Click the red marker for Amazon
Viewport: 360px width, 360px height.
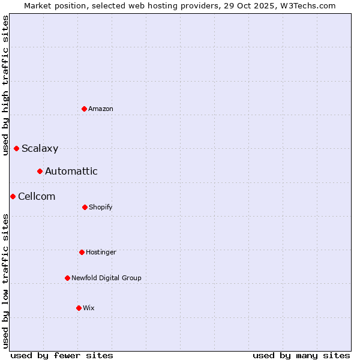click(85, 109)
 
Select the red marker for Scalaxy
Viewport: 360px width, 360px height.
click(17, 148)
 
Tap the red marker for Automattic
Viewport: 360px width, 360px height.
click(40, 172)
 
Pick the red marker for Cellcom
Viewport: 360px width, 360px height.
click(13, 196)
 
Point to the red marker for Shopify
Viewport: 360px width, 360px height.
click(85, 207)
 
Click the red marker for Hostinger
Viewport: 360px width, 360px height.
click(82, 252)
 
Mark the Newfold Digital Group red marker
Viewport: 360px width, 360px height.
click(67, 278)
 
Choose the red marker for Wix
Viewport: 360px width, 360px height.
click(79, 308)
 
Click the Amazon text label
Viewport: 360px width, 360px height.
click(101, 109)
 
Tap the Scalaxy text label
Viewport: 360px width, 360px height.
click(40, 149)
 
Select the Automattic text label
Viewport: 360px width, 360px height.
click(71, 172)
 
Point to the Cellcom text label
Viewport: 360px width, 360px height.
click(37, 197)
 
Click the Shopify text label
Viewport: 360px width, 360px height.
click(101, 207)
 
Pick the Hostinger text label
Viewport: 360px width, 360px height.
click(101, 252)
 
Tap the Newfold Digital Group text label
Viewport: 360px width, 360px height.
click(106, 278)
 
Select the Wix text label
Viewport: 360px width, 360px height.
click(89, 308)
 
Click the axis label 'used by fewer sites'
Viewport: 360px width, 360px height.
click(62, 355)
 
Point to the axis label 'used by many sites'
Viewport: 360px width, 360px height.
click(301, 355)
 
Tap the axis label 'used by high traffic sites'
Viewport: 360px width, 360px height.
click(5, 85)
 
